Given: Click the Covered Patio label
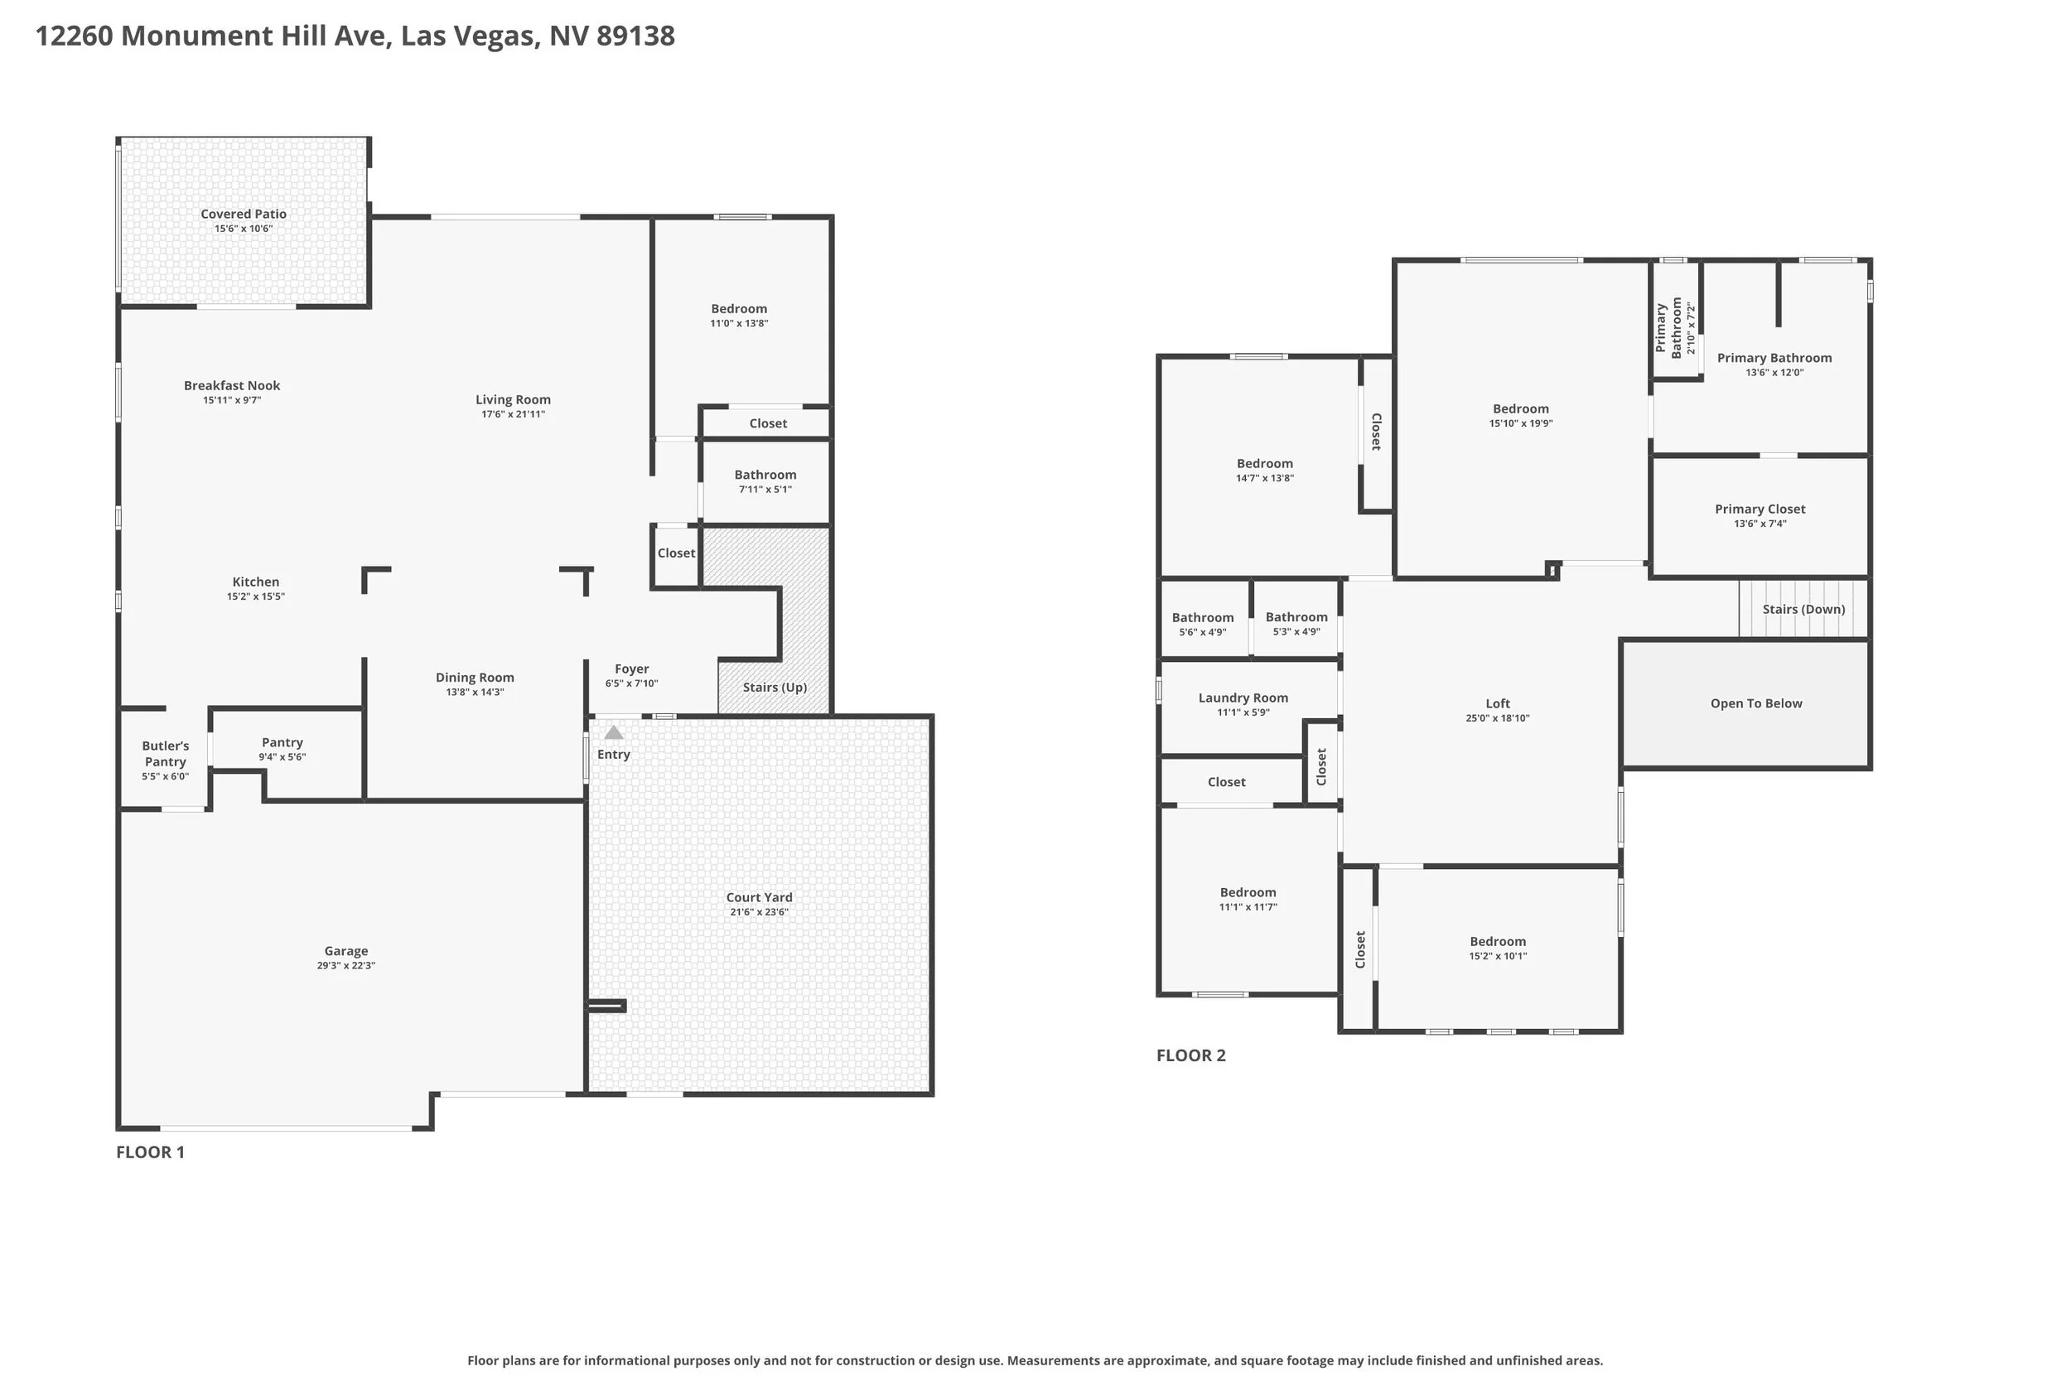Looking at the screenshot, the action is pyautogui.click(x=243, y=214).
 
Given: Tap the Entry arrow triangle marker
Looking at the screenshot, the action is pyautogui.click(x=614, y=732).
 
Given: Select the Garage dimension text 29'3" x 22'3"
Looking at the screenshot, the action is pyautogui.click(x=346, y=965).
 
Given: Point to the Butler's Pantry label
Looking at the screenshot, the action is pyautogui.click(x=166, y=754).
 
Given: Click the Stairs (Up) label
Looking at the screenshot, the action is pyautogui.click(x=775, y=687).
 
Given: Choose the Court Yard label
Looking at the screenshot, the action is pyautogui.click(x=759, y=897).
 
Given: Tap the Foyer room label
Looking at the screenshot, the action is pyautogui.click(x=632, y=669).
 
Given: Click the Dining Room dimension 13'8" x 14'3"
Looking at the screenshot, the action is pyautogui.click(x=475, y=693).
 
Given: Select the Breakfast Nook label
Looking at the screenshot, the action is pyautogui.click(x=232, y=386).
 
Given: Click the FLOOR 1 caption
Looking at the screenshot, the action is pyautogui.click(x=151, y=1152).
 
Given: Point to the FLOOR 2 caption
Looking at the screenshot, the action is pyautogui.click(x=1190, y=1055).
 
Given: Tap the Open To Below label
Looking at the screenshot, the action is pyautogui.click(x=1755, y=703).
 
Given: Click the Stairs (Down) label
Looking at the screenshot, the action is pyautogui.click(x=1803, y=610).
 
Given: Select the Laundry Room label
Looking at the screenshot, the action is pyautogui.click(x=1243, y=698).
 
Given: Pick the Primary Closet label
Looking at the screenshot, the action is pyautogui.click(x=1760, y=509).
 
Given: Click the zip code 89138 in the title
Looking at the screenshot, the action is pyautogui.click(x=635, y=36).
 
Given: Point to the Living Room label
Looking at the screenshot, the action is pyautogui.click(x=514, y=400).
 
